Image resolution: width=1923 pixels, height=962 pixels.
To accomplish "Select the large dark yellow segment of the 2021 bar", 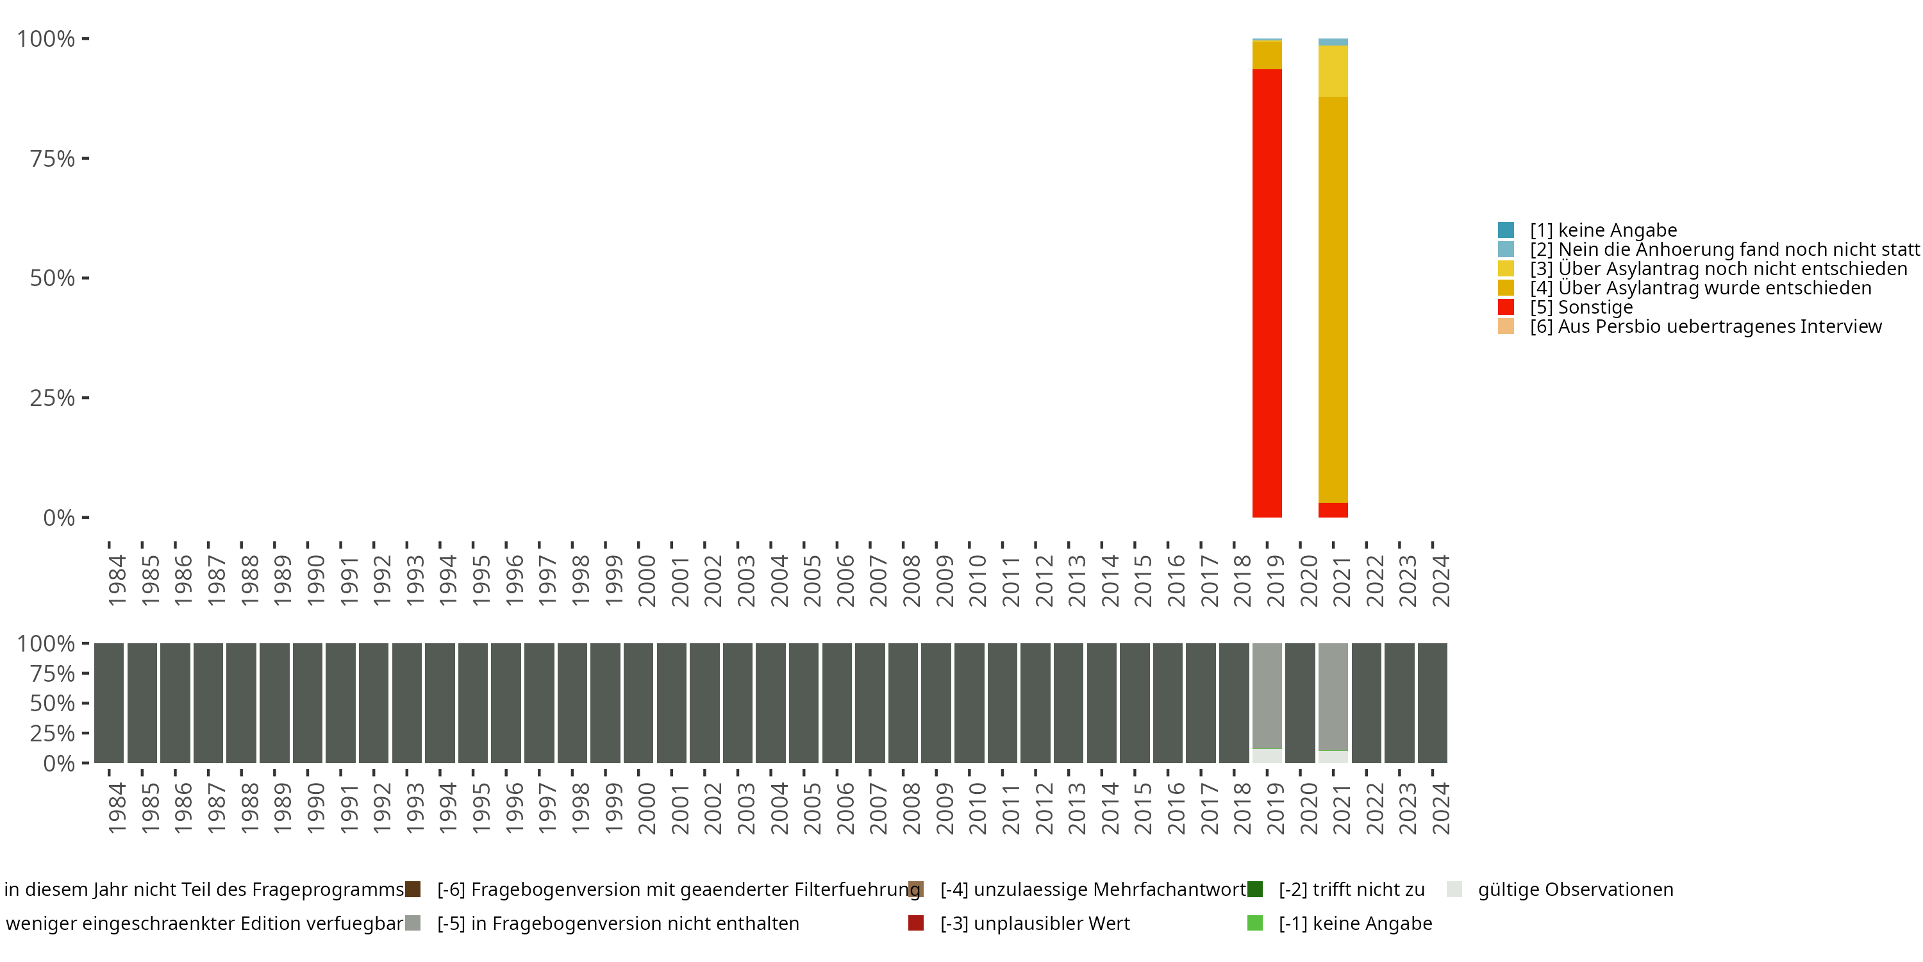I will (x=1333, y=299).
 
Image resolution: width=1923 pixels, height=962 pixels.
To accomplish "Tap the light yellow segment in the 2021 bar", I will (x=1333, y=71).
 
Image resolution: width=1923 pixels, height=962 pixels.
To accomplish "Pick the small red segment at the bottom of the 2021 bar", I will (x=1333, y=509).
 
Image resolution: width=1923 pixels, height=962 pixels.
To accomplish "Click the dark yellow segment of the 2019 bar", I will (x=1267, y=55).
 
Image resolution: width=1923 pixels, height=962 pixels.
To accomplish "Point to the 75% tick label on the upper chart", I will (x=53, y=158).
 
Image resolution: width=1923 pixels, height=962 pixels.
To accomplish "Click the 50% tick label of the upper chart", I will (x=53, y=278).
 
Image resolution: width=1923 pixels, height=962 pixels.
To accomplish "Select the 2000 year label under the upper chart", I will (x=647, y=580).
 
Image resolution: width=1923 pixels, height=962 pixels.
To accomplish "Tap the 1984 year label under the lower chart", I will (x=117, y=808).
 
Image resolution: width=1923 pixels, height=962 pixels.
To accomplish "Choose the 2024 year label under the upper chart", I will (x=1441, y=580).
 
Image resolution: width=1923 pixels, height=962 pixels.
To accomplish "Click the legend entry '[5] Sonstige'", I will (x=1581, y=307).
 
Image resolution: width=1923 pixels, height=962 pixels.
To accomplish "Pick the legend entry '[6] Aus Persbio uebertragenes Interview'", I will (x=1705, y=326).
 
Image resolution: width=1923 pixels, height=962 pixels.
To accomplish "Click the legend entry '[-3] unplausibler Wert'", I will (x=1035, y=923).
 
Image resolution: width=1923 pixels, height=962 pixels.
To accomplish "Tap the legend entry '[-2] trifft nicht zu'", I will (x=1351, y=890).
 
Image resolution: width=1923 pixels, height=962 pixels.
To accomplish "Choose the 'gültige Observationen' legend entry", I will (x=1575, y=890).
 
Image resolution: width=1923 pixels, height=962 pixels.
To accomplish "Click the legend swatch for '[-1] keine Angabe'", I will (x=1255, y=923).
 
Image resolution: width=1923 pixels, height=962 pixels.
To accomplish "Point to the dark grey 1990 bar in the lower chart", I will (x=308, y=703).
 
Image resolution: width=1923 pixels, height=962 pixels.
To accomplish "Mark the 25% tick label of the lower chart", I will (x=53, y=732).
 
